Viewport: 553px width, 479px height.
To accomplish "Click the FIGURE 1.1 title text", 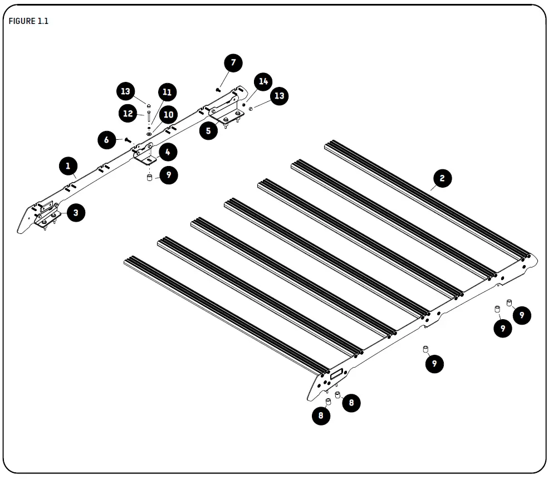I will (x=29, y=22).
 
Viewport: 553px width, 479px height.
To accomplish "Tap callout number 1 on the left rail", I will (x=68, y=165).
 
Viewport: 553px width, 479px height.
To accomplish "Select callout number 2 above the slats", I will (x=442, y=178).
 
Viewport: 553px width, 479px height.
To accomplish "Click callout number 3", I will (x=75, y=212).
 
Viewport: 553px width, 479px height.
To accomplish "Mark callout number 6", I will (x=106, y=140).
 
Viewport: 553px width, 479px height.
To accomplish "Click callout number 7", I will (x=233, y=63).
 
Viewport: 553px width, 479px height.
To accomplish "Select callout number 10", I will (x=168, y=115).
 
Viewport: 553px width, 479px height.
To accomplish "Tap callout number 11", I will (x=167, y=92).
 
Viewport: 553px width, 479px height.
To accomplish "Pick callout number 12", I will (x=129, y=114).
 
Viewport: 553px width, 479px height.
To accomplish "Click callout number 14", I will (x=263, y=81).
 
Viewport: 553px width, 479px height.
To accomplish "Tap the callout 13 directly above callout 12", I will (x=126, y=91).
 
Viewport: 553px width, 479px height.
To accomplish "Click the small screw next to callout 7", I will (x=218, y=89).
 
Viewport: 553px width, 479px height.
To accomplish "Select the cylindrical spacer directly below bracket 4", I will (x=149, y=178).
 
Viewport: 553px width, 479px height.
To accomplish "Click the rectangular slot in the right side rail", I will (x=336, y=377).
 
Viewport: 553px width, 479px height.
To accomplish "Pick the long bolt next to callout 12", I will (x=149, y=117).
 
